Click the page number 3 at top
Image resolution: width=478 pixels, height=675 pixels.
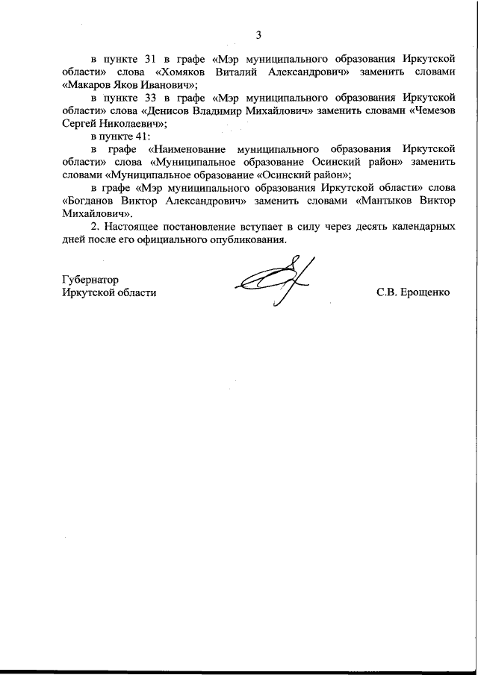pyautogui.click(x=258, y=34)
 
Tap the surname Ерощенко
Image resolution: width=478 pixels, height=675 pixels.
pyautogui.click(x=426, y=292)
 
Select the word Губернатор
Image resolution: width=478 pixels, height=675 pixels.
pyautogui.click(x=91, y=279)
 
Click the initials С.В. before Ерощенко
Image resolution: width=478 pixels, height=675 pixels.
pyautogui.click(x=388, y=292)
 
